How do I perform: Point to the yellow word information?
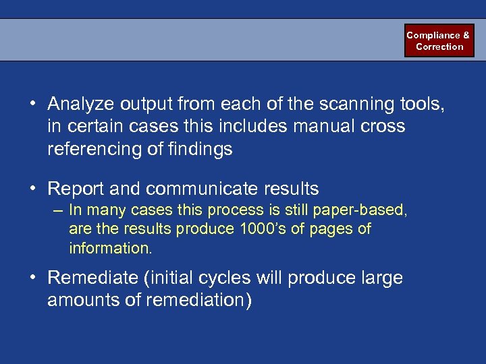point(110,248)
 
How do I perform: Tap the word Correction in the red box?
point(439,47)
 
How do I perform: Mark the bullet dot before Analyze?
point(32,105)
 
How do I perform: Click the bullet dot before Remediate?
point(32,278)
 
